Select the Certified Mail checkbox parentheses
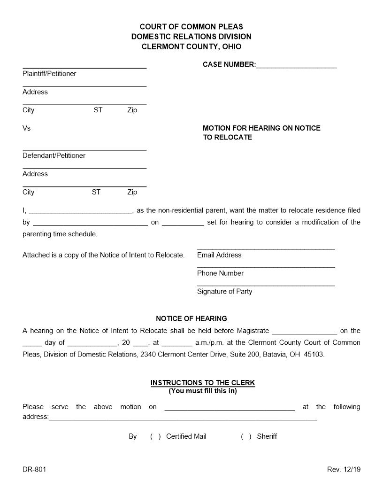click(155, 436)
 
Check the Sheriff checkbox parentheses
click(246, 436)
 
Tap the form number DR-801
click(34, 469)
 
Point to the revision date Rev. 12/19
click(344, 469)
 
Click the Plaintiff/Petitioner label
click(49, 74)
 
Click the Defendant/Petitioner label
click(54, 155)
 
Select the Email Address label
click(219, 255)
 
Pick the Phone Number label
click(220, 273)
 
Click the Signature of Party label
click(224, 292)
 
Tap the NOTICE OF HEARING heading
click(191, 318)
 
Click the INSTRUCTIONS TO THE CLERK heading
click(203, 383)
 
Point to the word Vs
click(26, 128)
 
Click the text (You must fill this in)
click(203, 391)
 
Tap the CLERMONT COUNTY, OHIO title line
click(191, 46)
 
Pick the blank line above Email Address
click(266, 248)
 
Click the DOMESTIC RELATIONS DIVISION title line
click(191, 37)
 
